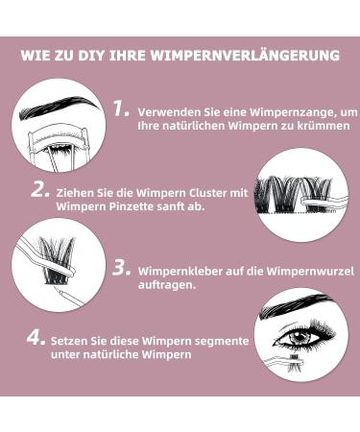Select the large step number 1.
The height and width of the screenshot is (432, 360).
pos(120,109)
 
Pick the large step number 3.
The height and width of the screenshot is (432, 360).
pos(121,269)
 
